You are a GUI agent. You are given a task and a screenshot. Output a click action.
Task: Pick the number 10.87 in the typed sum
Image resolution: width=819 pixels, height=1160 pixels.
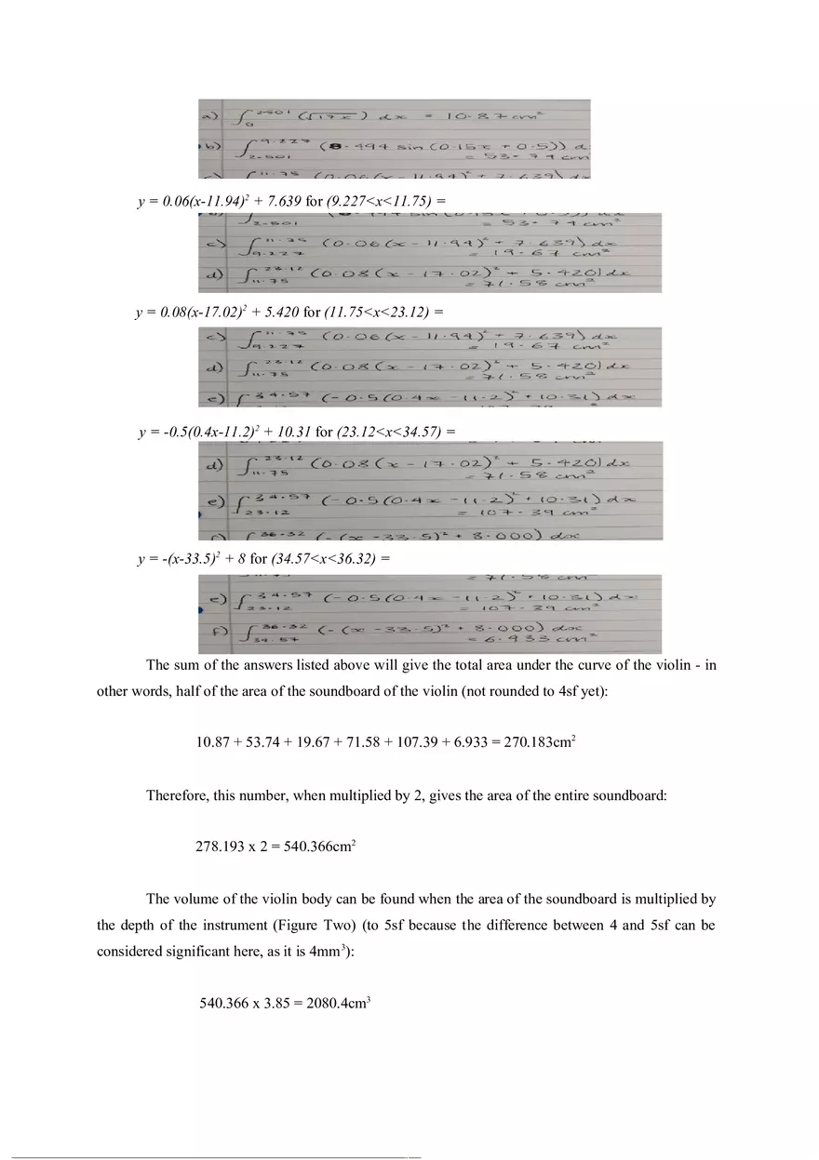click(x=212, y=742)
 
